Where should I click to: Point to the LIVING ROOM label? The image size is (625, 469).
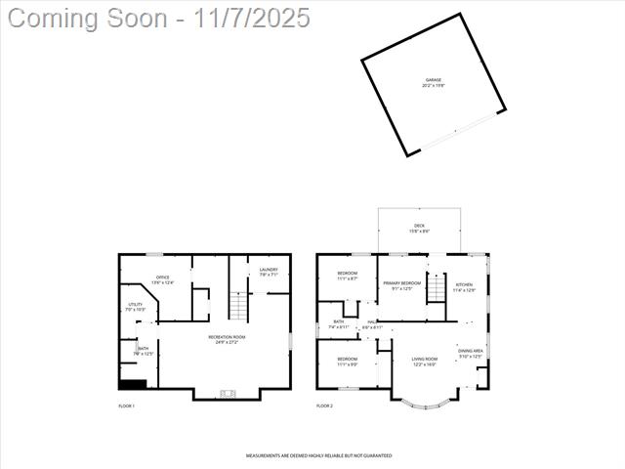424,361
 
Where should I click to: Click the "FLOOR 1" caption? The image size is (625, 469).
127,405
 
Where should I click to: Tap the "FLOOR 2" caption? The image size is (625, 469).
324,405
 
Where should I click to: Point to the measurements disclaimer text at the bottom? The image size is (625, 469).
318,455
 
